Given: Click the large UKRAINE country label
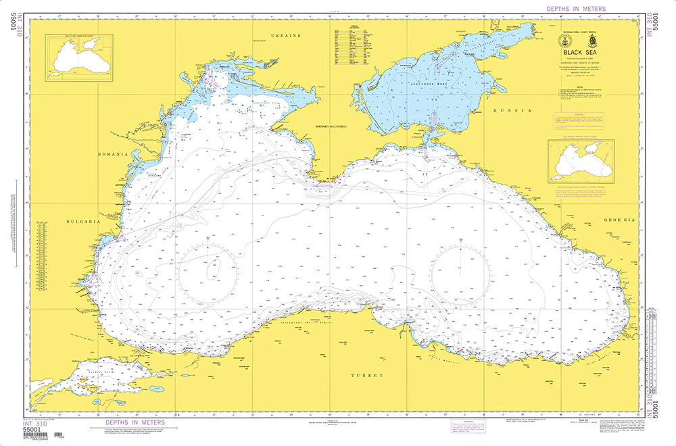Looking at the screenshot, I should [285, 34].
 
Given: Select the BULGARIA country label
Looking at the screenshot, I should [84, 221].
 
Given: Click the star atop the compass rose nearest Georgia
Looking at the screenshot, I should [460, 241].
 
